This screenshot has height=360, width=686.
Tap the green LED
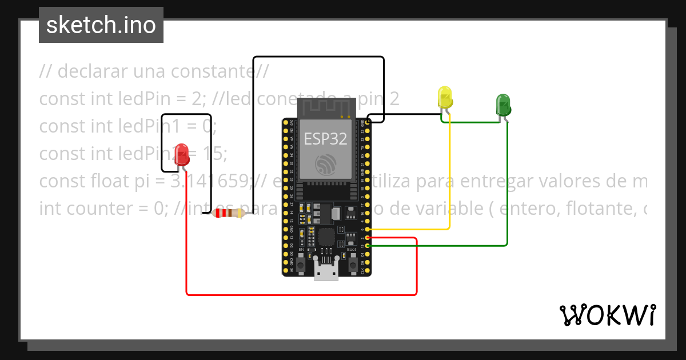[503, 105]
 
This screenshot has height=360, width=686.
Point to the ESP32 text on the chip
[325, 138]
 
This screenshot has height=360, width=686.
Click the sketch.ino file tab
[101, 25]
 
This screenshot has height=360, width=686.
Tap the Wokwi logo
[607, 315]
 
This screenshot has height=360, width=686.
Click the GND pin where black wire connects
[368, 122]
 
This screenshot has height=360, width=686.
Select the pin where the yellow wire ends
[368, 229]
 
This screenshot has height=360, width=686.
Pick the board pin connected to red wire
[368, 237]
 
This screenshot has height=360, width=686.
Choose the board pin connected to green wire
[368, 245]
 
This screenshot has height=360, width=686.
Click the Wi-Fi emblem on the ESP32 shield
[326, 165]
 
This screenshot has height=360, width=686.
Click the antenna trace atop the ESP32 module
[326, 107]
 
